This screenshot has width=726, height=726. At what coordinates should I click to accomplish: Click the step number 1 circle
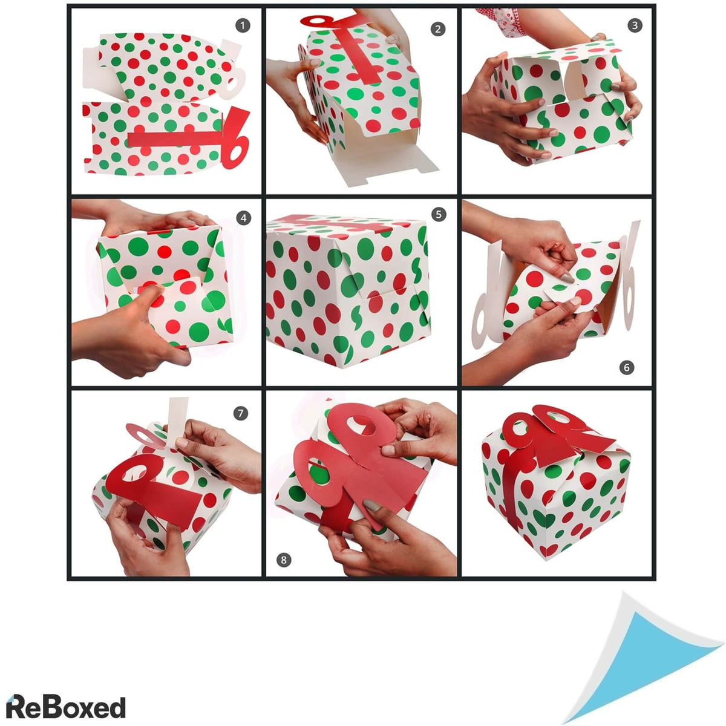tap(243, 25)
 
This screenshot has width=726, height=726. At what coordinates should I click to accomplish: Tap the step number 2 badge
tap(438, 28)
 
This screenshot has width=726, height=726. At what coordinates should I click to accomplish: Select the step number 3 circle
tap(635, 25)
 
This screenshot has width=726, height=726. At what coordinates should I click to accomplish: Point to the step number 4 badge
tap(244, 218)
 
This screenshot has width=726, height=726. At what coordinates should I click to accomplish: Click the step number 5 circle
tap(438, 214)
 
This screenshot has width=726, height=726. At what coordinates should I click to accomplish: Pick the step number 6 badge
tap(627, 367)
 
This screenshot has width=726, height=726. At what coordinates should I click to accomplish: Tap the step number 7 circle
tap(241, 414)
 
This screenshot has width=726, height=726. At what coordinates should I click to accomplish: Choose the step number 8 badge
tap(284, 560)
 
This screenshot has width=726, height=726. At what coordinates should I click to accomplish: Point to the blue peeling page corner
tap(641, 663)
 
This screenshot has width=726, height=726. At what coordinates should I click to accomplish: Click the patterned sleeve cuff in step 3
tap(501, 21)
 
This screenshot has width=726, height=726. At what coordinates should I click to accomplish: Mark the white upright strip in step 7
tap(177, 417)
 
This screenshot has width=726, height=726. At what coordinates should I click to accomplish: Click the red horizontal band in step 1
tap(175, 139)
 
